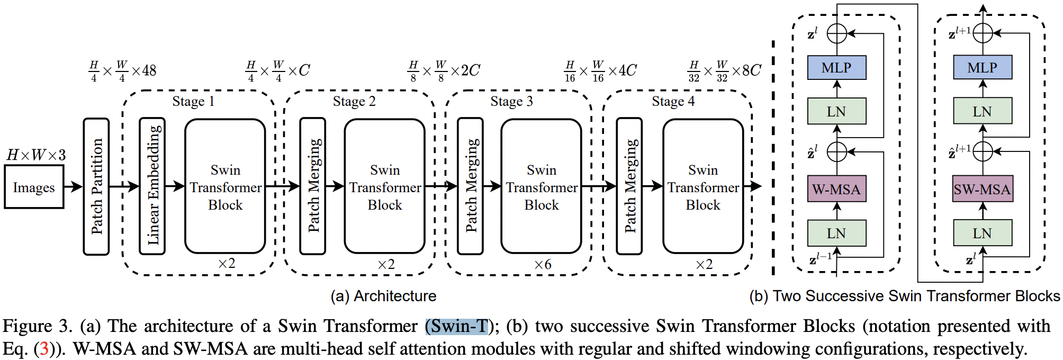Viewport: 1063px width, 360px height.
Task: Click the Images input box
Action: pos(34,187)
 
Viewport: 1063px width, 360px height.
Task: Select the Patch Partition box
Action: pos(96,186)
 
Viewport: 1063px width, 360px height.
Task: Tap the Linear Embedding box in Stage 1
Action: pos(152,186)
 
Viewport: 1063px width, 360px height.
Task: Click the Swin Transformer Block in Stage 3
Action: pos(541,186)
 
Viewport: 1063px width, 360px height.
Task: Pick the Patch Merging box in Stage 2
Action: pos(313,186)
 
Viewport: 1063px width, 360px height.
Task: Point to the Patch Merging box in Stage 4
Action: pos(629,186)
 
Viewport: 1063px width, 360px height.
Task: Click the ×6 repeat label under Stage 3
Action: pos(543,264)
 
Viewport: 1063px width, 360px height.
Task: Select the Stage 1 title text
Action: pos(193,101)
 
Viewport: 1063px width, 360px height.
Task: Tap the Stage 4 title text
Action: pos(673,101)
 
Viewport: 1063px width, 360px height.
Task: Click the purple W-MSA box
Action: pos(836,189)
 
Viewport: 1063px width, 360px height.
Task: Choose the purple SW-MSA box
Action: pos(982,189)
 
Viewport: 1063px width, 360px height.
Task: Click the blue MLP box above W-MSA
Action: pos(836,68)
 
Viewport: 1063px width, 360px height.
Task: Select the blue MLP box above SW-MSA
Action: pos(982,68)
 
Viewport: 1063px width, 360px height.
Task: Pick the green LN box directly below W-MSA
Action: pos(836,233)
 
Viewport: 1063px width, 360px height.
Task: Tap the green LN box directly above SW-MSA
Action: pos(982,111)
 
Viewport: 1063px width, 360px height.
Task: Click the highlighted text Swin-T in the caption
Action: pos(457,326)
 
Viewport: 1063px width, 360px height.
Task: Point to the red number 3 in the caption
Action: pos(44,349)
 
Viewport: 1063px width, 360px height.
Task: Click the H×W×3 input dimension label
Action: pos(36,155)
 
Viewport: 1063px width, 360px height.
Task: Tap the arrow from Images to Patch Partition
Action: pos(73,186)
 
